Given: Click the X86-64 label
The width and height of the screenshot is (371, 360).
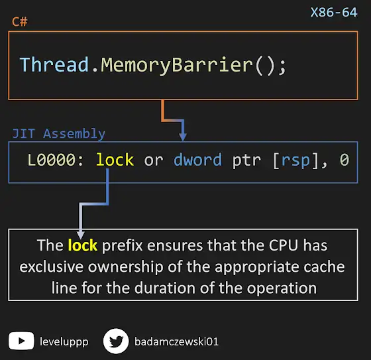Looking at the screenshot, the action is tap(334, 13).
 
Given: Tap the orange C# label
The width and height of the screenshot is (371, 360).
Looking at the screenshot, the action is tap(20, 22).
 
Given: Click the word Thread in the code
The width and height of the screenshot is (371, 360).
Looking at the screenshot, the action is tap(54, 65).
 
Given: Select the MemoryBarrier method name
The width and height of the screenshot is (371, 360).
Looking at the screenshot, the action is tap(177, 66).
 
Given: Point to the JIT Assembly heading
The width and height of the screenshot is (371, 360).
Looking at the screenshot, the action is tap(59, 134).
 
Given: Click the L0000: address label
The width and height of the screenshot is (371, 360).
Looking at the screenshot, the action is tap(56, 160).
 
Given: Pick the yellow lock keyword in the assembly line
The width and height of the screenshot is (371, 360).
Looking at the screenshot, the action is tap(115, 160).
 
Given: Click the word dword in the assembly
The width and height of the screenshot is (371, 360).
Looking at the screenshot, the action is tap(198, 160).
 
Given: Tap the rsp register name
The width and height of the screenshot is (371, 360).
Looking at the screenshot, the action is tap(295, 161).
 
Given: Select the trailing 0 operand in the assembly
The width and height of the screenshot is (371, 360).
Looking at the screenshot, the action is tap(344, 160).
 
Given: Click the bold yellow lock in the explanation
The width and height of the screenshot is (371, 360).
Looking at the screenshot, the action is tap(83, 245).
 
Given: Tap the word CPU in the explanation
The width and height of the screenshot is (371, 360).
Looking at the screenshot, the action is tap(284, 245).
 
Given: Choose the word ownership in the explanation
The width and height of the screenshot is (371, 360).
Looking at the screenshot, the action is tap(126, 267).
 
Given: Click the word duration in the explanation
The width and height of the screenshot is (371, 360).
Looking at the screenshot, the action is tap(165, 288).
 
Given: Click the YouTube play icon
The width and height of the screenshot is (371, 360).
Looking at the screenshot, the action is tap(21, 341).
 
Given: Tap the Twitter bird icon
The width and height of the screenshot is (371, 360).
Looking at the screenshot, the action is tap(116, 341).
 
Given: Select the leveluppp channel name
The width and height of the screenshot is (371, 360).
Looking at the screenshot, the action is tap(64, 341).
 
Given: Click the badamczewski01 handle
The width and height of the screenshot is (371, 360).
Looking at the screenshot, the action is tap(176, 341).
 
